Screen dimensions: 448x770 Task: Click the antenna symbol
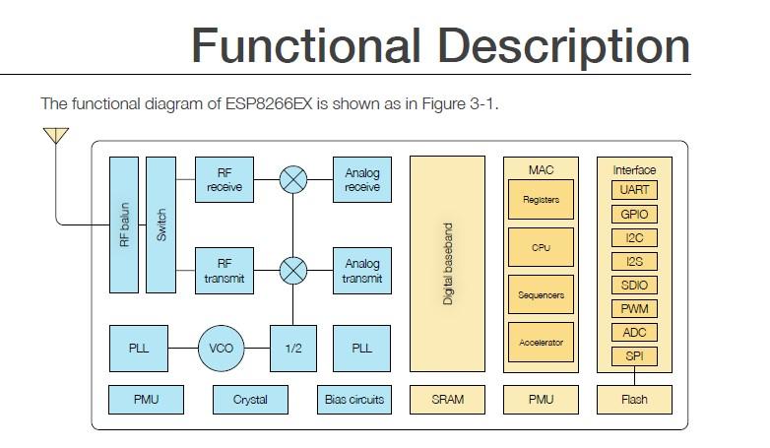56,136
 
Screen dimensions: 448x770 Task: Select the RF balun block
124,224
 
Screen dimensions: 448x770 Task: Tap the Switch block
160,224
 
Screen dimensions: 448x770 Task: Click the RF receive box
224,179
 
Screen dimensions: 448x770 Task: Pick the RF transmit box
224,271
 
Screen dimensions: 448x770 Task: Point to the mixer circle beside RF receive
293,179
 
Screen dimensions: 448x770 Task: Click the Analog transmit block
361,271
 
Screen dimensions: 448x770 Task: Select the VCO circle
223,349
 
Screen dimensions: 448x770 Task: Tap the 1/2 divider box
292,349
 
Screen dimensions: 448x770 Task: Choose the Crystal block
249,399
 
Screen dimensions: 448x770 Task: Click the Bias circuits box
353,399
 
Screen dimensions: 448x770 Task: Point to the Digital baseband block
448,264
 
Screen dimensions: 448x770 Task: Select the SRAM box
447,399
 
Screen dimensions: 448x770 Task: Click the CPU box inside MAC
541,247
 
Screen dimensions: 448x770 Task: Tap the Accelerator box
541,343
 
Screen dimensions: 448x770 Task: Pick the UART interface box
634,190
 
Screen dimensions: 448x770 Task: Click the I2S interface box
634,261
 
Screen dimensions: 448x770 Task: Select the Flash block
634,399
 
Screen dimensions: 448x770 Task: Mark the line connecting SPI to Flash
634,376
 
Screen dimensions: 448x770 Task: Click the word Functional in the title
305,46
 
